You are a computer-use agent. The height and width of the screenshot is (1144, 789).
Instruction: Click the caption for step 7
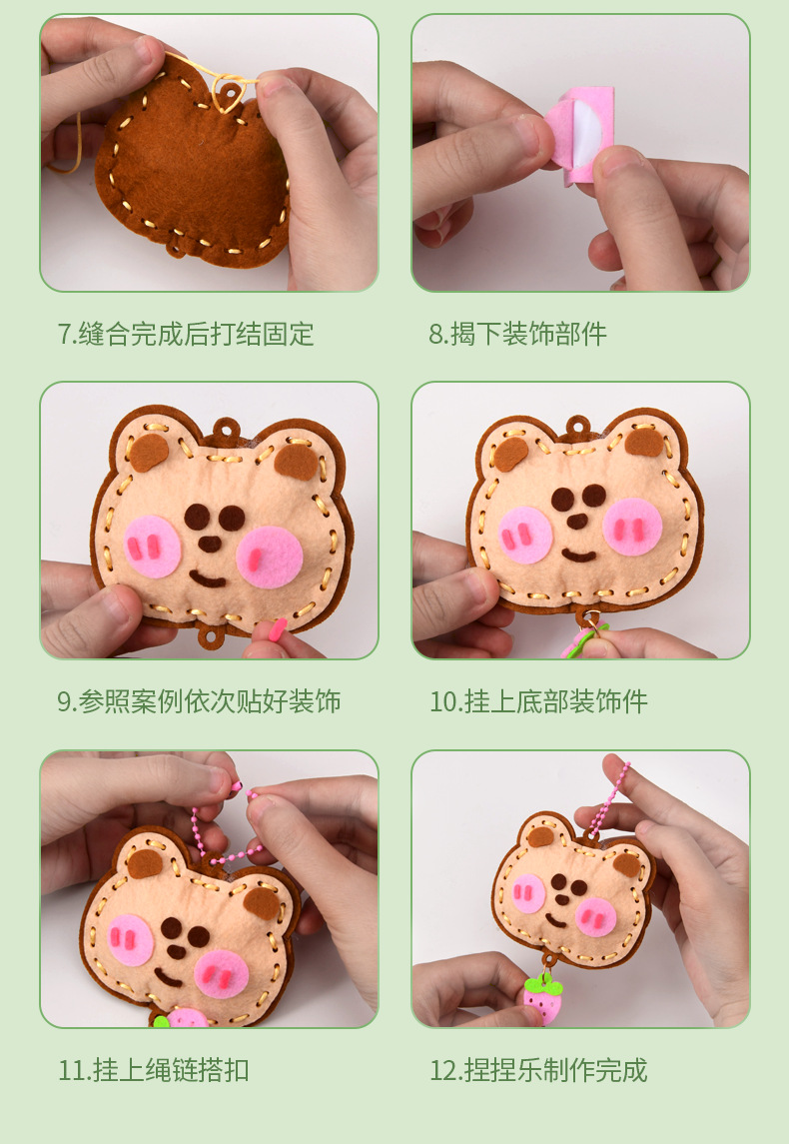click(186, 334)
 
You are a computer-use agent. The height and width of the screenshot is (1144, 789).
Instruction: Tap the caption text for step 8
click(517, 334)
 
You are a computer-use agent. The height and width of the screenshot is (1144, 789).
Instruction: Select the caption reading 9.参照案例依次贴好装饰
click(199, 701)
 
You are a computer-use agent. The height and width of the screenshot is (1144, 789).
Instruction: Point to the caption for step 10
click(538, 701)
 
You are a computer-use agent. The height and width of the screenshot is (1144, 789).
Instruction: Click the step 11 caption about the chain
click(154, 1070)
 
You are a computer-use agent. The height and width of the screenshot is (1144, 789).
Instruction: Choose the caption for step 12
click(538, 1070)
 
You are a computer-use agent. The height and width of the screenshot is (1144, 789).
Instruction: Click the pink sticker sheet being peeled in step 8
click(582, 135)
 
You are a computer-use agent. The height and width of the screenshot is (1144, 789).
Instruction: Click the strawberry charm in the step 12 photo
click(543, 998)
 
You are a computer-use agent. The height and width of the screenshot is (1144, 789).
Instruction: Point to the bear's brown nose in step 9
click(210, 544)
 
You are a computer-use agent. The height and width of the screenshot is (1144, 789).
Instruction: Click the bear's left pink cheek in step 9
click(153, 547)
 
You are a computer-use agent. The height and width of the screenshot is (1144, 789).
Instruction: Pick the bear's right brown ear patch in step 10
click(644, 443)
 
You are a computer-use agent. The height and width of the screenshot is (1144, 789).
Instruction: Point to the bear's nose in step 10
click(577, 521)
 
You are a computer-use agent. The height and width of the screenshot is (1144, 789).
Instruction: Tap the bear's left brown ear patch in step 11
click(145, 864)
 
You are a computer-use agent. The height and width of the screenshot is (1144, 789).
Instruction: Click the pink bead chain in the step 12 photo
click(608, 799)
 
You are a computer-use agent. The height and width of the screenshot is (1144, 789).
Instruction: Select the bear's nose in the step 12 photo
click(562, 900)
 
